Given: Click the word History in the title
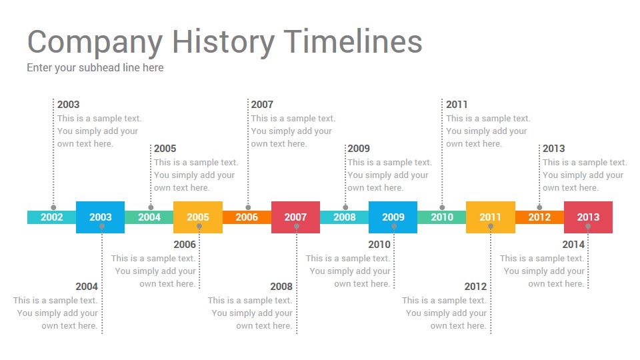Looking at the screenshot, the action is coord(223,43).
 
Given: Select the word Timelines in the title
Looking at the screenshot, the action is coord(353,41).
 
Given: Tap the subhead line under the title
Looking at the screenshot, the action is coord(95,68).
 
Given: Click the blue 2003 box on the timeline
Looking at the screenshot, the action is coord(101,217).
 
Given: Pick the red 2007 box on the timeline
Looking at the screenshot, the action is coord(295,217).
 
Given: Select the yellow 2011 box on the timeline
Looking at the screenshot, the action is coord(490,217).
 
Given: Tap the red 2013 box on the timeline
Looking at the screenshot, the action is coord(588,217).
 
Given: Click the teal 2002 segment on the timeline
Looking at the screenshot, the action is coord(52,217).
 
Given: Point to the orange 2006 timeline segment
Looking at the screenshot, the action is coord(247,217).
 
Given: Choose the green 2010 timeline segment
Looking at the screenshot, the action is coord(441,217).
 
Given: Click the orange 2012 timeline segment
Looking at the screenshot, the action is coord(539,217).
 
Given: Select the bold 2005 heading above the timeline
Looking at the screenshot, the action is coord(165,149).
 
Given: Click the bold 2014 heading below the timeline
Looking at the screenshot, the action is coord(573,245).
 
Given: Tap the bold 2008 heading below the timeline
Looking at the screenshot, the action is coord(281,287).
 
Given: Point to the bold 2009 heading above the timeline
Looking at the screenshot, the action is coord(359,149).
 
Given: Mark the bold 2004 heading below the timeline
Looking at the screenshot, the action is coord(87,287).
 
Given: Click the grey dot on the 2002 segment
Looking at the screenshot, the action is coord(53,207).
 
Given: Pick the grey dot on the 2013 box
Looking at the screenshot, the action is coord(588,226).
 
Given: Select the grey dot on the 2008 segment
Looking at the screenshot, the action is coord(345,207).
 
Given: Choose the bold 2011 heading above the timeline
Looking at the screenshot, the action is coord(457,105).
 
